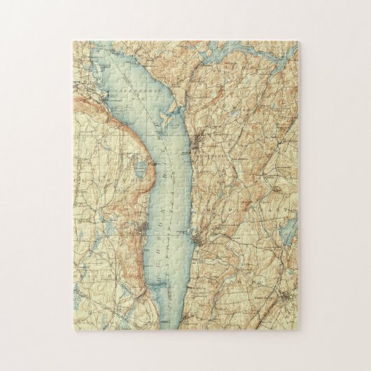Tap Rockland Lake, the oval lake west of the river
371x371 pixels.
[x=140, y=169]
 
